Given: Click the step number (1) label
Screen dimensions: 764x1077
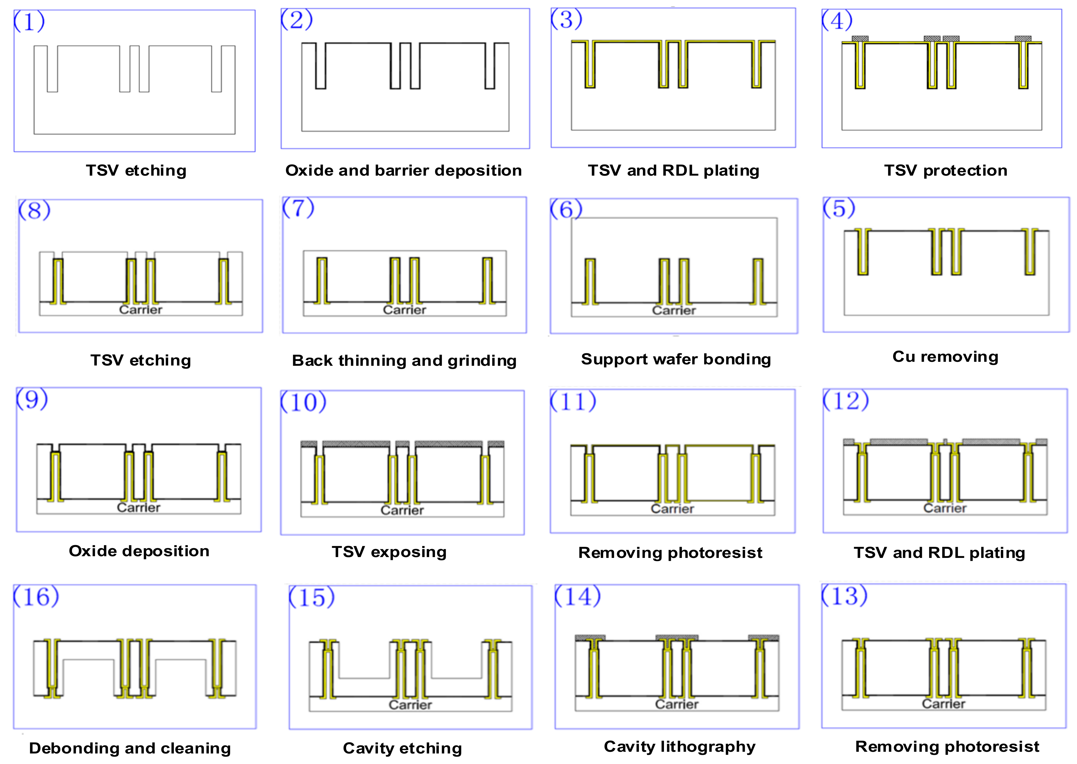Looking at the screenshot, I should click(x=29, y=22).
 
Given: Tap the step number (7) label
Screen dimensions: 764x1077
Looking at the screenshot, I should click(x=298, y=208).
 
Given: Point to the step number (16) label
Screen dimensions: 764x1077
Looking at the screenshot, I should click(x=36, y=597).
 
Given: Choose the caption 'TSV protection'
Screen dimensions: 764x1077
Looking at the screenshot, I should click(x=945, y=170).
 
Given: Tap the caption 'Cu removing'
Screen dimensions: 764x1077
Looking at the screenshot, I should click(x=945, y=357).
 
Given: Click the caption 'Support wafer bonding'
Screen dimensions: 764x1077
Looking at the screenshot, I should click(x=676, y=359).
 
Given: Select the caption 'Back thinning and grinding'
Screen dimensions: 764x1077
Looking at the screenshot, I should click(x=404, y=360).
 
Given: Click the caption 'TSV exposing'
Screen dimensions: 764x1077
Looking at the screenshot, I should click(x=389, y=552).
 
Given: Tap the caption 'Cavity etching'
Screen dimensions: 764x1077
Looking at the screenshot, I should click(x=402, y=748).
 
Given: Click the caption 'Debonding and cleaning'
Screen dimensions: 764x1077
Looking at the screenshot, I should click(x=130, y=748).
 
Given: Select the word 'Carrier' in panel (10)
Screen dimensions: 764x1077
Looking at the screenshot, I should click(x=402, y=510).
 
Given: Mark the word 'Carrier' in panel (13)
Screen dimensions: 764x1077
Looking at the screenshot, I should click(x=944, y=704).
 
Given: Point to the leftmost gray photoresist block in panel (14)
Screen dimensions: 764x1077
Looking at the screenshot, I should click(x=590, y=638).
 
